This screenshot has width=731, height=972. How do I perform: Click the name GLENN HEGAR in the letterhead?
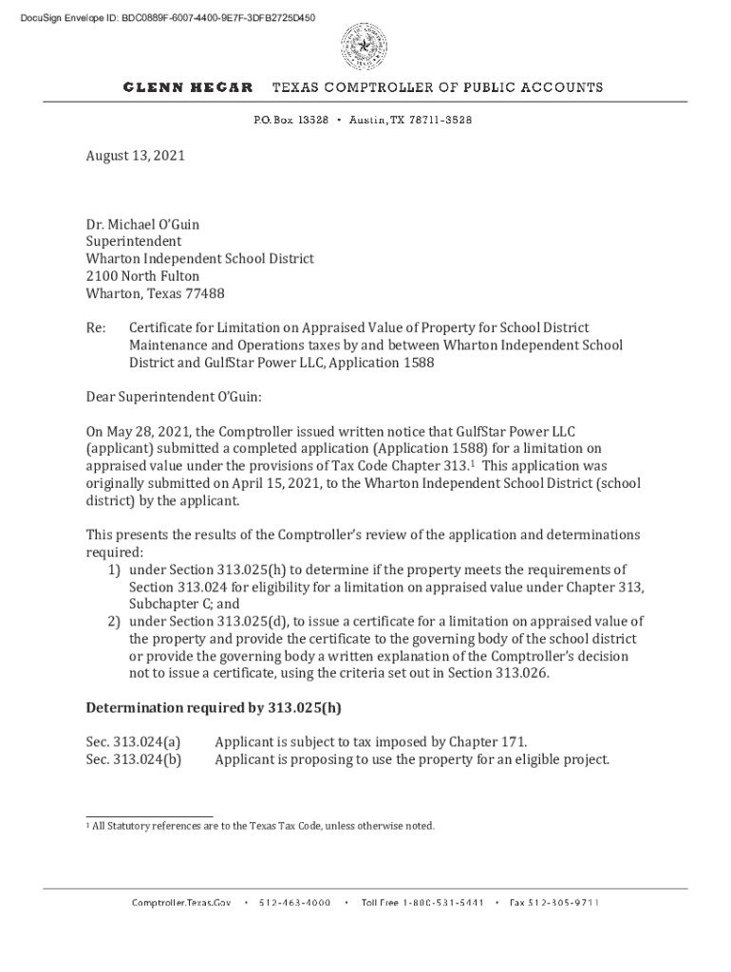(188, 87)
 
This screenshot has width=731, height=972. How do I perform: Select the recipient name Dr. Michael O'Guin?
(142, 225)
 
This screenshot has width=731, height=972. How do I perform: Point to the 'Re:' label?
(95, 328)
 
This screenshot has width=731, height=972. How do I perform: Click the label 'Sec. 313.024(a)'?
(133, 741)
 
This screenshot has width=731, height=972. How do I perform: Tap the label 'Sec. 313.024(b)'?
(133, 759)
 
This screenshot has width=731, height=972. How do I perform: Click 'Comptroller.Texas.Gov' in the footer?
(181, 903)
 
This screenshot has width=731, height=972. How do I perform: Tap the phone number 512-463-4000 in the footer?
(294, 903)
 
